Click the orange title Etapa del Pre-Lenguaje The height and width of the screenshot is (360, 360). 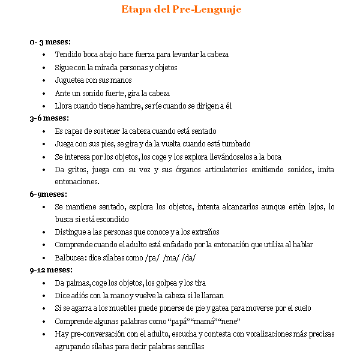tap(181, 10)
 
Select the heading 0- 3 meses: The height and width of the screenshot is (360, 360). tap(50, 41)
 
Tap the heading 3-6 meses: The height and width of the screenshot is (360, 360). tap(49, 118)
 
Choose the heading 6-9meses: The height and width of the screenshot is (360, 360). tap(48, 194)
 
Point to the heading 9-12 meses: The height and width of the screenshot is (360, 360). tap(50, 270)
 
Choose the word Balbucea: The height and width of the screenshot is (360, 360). tap(71, 258)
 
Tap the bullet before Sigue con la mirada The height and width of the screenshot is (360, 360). tap(45, 68)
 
